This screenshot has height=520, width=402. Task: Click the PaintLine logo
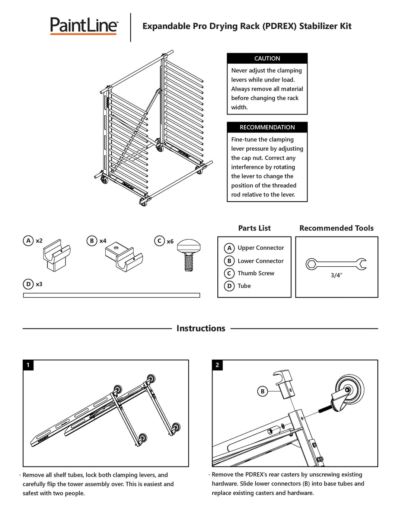(84, 26)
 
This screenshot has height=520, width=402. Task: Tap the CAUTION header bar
(267, 58)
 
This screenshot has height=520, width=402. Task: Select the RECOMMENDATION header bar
(267, 127)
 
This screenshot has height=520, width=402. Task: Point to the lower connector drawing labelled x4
(124, 257)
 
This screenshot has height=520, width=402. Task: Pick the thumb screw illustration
(189, 254)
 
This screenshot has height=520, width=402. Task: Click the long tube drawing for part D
(111, 295)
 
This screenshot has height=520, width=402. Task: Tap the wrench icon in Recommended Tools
(336, 264)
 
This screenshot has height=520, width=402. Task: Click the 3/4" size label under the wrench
(336, 276)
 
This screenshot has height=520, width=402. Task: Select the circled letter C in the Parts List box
(229, 273)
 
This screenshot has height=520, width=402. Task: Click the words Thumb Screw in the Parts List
(256, 273)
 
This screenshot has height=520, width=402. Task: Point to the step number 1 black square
(28, 365)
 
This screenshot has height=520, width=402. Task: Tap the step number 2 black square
(217, 365)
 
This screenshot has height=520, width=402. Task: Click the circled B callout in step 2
(263, 391)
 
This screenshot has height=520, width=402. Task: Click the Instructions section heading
(201, 328)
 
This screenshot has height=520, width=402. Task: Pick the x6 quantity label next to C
(170, 241)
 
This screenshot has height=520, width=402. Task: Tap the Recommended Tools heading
(336, 228)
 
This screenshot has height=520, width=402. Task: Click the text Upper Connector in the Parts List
(261, 248)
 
